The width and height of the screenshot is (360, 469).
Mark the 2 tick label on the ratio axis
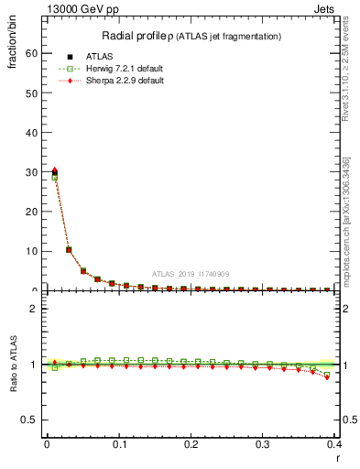click(x=32, y=309)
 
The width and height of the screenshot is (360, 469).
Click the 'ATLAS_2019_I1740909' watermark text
click(x=190, y=274)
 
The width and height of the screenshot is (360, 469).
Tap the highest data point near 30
click(x=55, y=171)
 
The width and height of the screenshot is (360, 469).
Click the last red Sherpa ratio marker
click(x=327, y=376)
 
